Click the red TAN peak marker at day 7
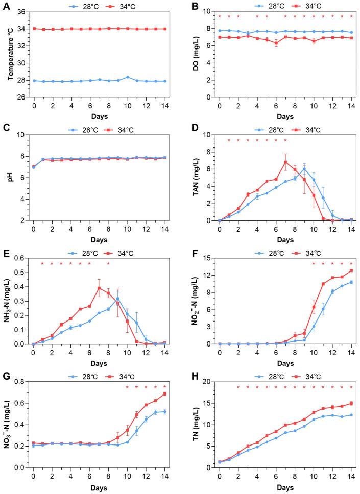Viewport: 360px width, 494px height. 285,162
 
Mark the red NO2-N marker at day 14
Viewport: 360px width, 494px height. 351,270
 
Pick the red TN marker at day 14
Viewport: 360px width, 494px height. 351,403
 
